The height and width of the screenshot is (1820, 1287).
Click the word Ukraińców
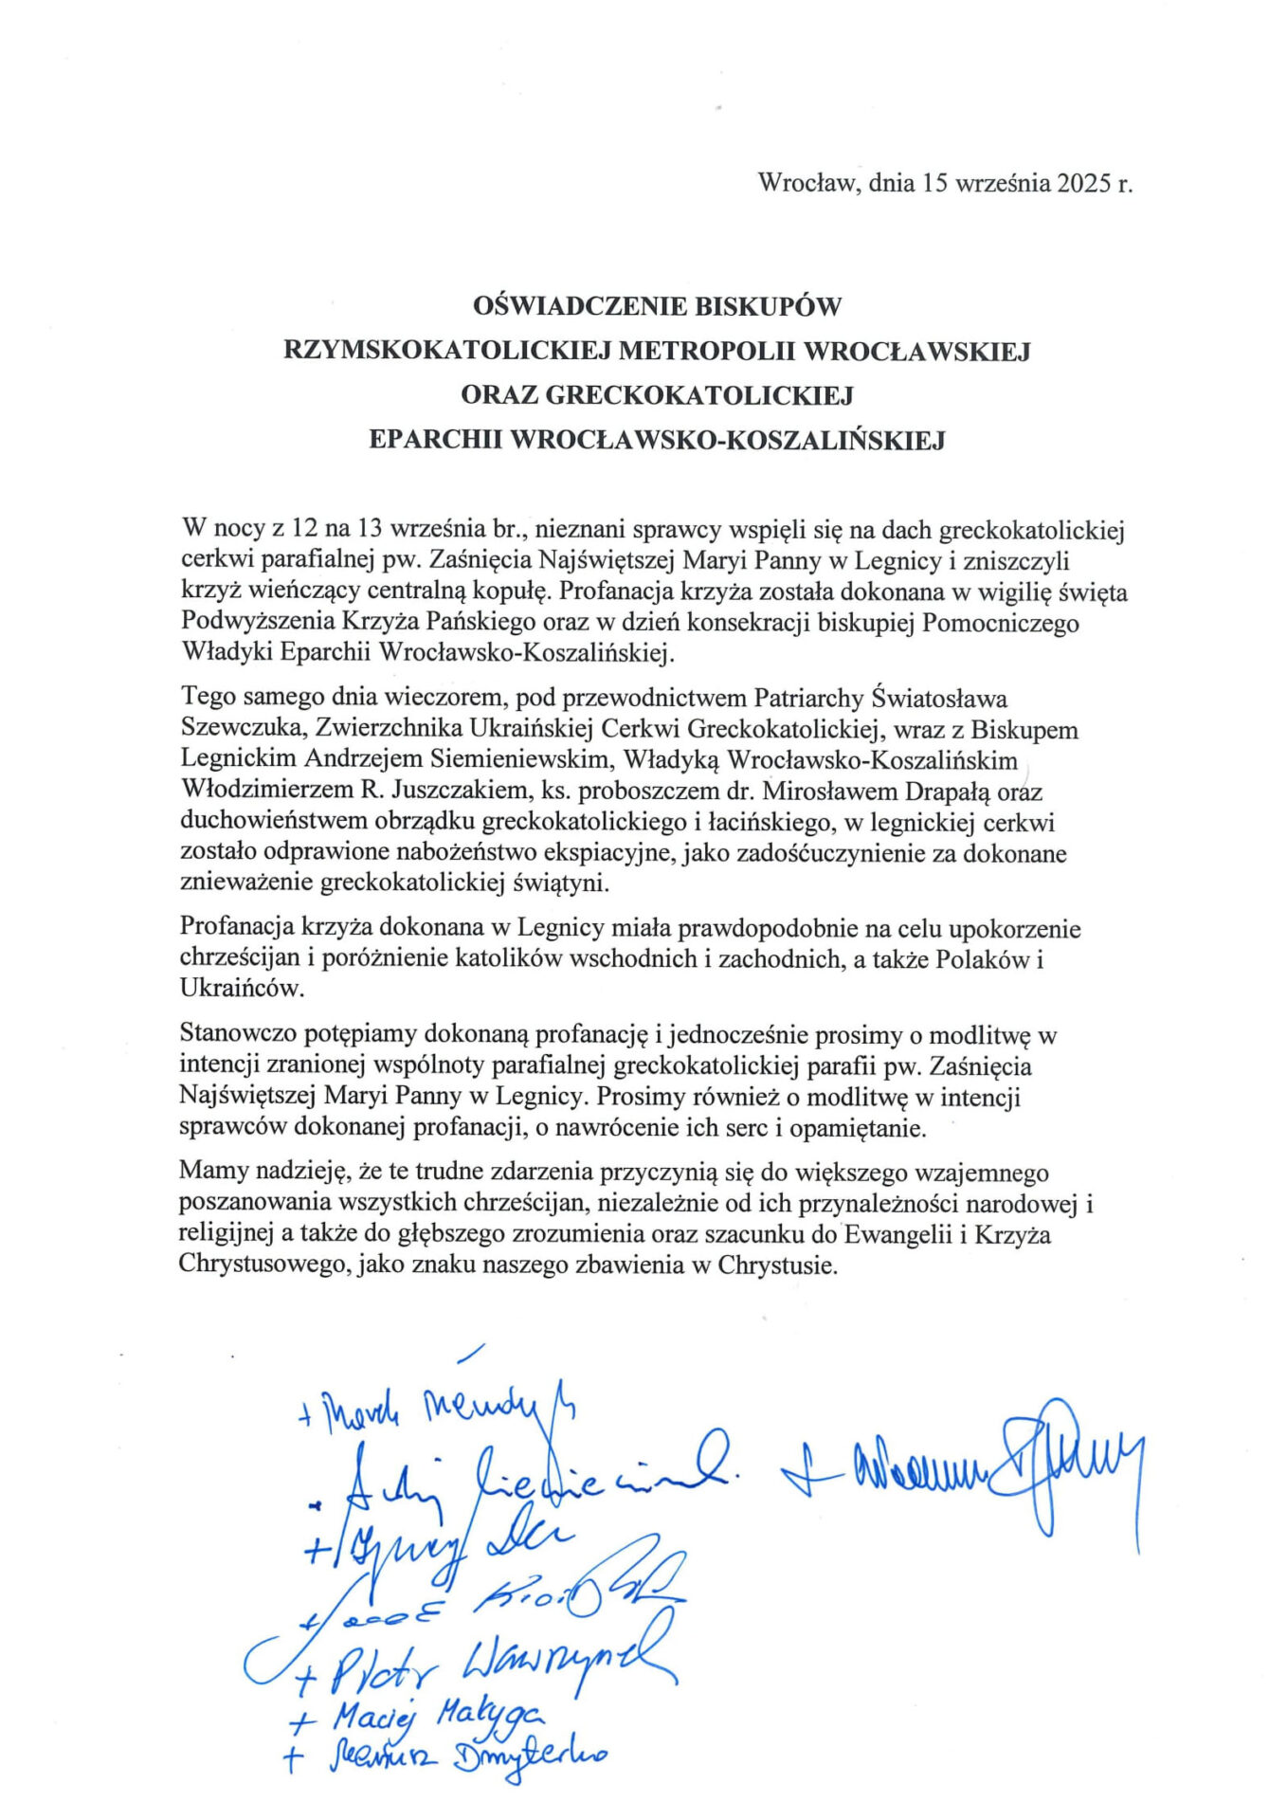point(243,989)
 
